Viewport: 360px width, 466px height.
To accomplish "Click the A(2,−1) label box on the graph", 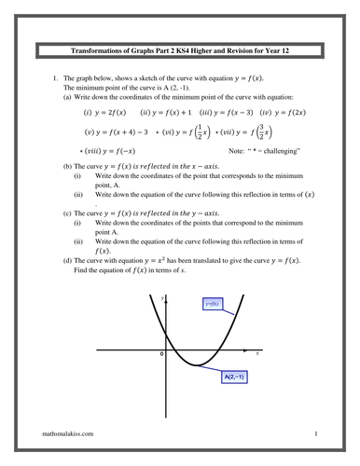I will [234, 377].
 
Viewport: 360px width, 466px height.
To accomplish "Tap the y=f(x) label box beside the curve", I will [213, 305].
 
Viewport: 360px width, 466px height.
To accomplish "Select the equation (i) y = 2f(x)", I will [104, 113].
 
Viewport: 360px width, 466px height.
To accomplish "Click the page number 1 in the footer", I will [317, 434].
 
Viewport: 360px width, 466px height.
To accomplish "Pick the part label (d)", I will [67, 259].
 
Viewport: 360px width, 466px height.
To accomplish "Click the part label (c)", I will [67, 212].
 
